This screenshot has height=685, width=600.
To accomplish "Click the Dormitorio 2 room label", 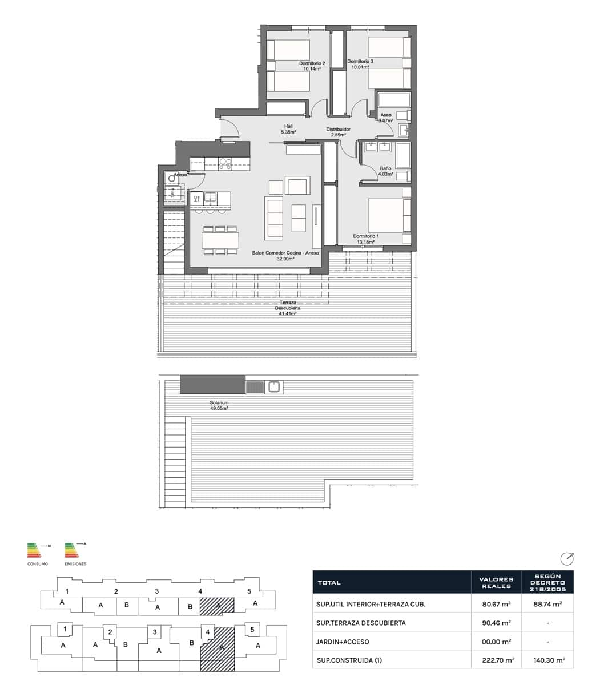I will click(312, 63).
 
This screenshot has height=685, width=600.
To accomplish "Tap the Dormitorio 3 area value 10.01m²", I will click(360, 67).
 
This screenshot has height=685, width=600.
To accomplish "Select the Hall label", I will click(288, 127).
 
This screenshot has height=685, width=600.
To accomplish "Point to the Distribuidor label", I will click(338, 130).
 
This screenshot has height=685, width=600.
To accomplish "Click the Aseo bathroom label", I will click(386, 115).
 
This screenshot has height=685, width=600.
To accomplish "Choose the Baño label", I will click(385, 168).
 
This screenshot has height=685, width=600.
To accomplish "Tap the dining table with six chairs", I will click(220, 240).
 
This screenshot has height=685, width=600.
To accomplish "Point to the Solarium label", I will click(219, 403).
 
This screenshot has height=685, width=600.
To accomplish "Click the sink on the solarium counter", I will click(273, 387).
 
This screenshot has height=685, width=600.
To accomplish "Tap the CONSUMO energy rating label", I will click(38, 564).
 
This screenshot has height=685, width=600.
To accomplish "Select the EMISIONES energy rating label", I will click(75, 564).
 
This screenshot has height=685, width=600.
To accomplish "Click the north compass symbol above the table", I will click(566, 558).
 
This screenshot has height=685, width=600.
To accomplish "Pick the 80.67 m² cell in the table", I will click(496, 604).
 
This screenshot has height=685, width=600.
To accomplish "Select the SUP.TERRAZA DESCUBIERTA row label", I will click(361, 623).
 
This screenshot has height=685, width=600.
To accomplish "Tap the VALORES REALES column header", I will click(497, 583).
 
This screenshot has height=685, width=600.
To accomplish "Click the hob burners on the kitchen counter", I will click(225, 164).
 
